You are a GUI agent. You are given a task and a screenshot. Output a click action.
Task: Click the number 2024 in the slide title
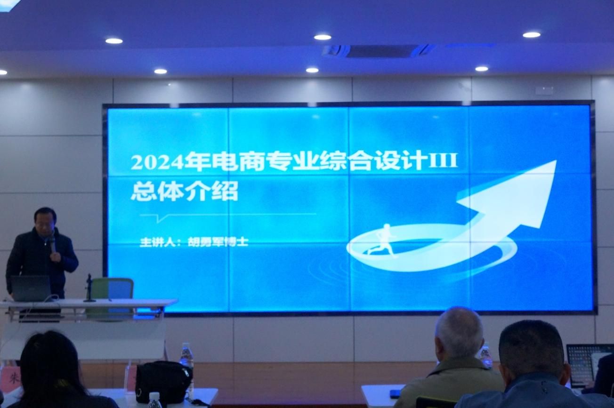(x=157, y=162)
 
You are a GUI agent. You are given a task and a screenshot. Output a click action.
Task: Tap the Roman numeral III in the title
(x=443, y=160)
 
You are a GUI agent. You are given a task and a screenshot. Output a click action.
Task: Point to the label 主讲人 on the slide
(x=157, y=242)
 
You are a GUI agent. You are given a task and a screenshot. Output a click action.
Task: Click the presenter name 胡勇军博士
(x=218, y=242)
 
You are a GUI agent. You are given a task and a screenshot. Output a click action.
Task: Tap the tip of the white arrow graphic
(x=556, y=161)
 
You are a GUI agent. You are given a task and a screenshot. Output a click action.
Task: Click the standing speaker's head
(x=45, y=220)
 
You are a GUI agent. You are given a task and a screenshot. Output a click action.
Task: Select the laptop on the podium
(x=30, y=288)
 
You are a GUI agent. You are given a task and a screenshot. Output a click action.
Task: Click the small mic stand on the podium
(x=89, y=288)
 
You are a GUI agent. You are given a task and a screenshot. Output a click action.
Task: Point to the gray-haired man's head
(x=458, y=332)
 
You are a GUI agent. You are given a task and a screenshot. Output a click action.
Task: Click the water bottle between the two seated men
(x=486, y=355)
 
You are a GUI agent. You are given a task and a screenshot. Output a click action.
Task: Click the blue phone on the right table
(x=396, y=393)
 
